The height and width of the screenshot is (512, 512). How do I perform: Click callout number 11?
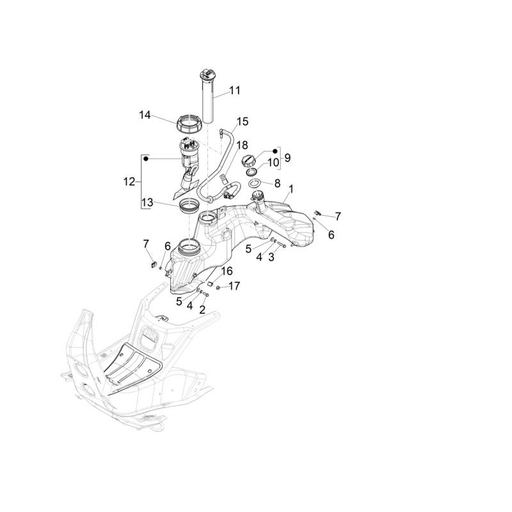click(235, 90)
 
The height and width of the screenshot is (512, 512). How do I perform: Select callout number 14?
click(145, 115)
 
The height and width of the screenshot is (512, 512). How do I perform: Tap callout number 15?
click(243, 122)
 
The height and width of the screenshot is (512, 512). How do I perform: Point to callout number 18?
click(242, 145)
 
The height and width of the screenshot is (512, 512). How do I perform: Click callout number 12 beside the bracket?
click(129, 182)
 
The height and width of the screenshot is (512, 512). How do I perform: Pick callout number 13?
click(147, 202)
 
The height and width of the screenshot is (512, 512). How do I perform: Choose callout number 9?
click(287, 157)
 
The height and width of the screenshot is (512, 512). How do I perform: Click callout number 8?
click(277, 184)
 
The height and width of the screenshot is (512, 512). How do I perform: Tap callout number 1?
click(291, 189)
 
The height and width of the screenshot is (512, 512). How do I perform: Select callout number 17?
click(234, 286)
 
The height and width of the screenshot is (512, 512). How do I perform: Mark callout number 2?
click(202, 310)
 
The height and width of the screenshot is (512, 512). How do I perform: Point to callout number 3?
click(271, 257)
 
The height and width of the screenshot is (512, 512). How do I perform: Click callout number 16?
click(227, 271)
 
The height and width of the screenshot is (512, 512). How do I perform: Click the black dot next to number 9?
click(275, 151)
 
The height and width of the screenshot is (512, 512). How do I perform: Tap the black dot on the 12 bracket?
click(146, 159)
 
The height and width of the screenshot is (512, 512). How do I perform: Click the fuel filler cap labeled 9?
click(248, 161)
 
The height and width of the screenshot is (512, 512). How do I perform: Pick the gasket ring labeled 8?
click(255, 184)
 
